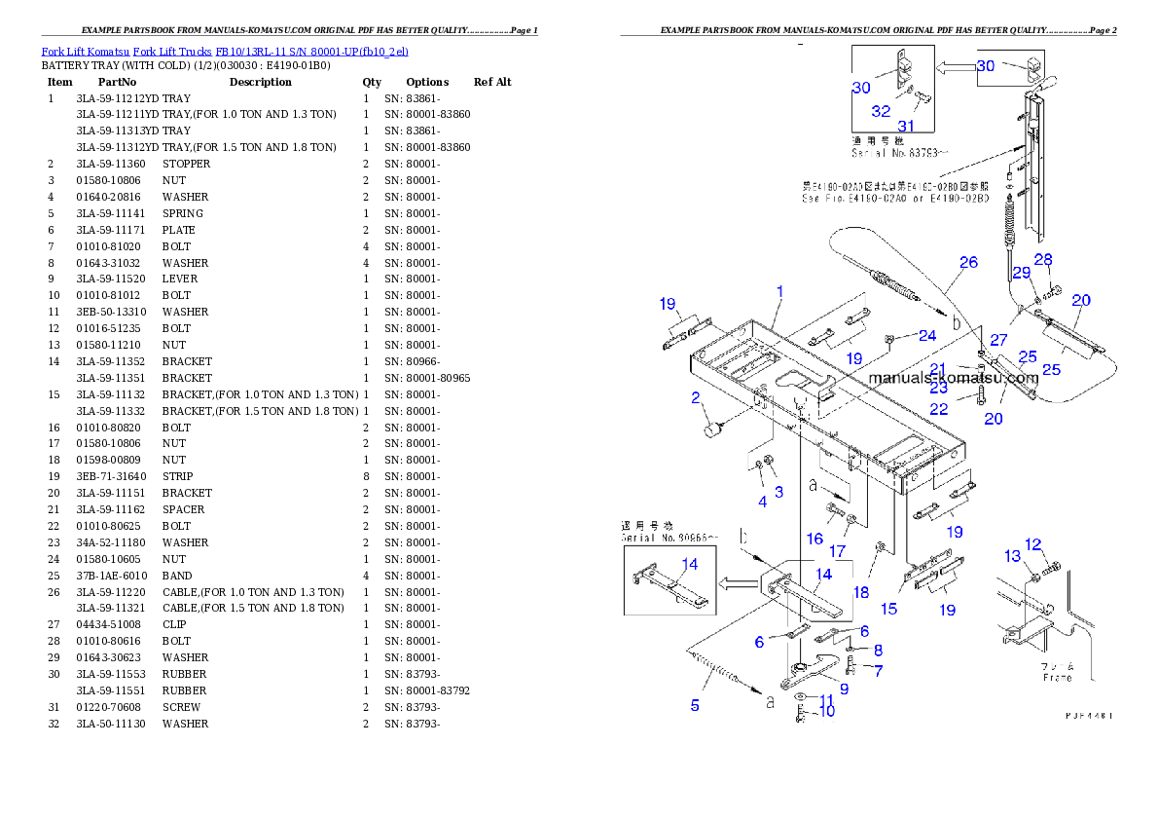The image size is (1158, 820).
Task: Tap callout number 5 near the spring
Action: (695, 705)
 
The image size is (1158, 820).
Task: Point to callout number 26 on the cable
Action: (967, 262)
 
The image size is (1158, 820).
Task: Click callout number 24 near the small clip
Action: (927, 335)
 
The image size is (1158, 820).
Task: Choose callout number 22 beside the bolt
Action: (938, 410)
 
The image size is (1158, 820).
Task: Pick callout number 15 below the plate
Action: (889, 609)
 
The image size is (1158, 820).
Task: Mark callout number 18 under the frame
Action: (862, 591)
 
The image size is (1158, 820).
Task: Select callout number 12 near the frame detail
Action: (1033, 544)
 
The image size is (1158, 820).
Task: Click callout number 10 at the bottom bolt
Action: (826, 712)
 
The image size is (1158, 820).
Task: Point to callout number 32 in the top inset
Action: (881, 111)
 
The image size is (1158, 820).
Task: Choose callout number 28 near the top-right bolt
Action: (1043, 259)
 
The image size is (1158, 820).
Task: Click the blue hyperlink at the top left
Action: (225, 51)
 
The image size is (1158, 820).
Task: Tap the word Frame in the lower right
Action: (1058, 677)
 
